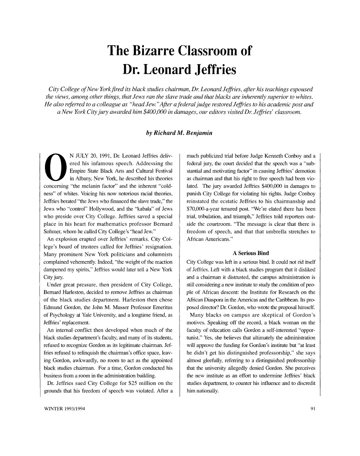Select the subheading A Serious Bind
tap(251, 253)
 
